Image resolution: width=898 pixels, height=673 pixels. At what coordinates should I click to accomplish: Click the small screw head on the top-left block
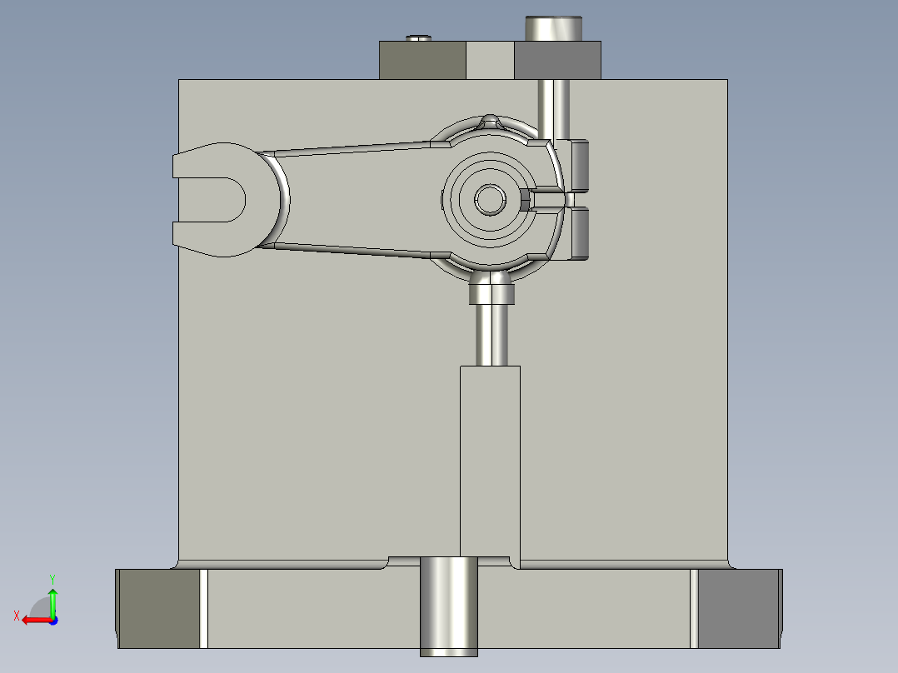click(x=419, y=37)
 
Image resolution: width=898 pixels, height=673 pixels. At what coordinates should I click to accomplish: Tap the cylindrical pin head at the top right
click(x=552, y=28)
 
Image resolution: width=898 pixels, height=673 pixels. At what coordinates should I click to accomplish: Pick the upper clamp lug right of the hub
click(x=580, y=165)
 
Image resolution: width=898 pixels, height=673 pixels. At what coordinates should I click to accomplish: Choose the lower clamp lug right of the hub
click(x=580, y=233)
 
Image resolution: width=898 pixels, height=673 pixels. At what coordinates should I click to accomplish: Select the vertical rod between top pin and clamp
click(x=552, y=108)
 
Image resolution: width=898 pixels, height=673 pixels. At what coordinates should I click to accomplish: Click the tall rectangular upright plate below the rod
click(x=490, y=458)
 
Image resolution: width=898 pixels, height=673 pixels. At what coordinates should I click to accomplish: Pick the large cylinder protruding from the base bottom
click(x=448, y=606)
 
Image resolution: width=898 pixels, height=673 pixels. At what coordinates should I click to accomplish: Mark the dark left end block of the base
click(x=158, y=608)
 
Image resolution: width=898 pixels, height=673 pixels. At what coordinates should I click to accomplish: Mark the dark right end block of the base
click(x=738, y=608)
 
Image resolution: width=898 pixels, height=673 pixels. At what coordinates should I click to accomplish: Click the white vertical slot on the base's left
click(x=203, y=608)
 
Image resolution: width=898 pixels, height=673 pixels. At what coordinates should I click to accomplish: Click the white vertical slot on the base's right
click(x=693, y=608)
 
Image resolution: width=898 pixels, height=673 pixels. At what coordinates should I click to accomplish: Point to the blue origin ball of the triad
click(x=52, y=619)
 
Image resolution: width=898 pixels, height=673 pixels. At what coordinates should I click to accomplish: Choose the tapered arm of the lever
click(x=358, y=198)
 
